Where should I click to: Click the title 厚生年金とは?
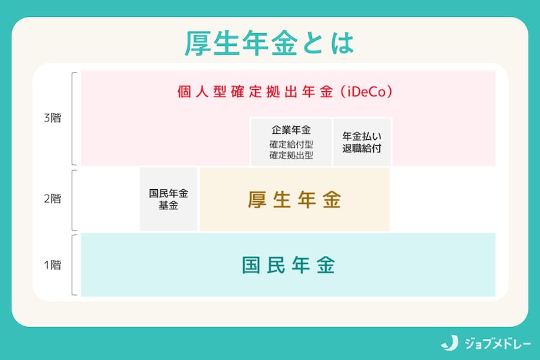tap(269, 43)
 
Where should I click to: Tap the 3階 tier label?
tap(52, 118)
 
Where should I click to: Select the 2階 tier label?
tap(52, 199)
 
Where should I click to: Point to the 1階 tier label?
tap(52, 265)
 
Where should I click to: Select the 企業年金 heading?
tap(291, 130)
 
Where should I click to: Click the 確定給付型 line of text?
tap(291, 145)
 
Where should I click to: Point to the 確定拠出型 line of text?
tap(291, 155)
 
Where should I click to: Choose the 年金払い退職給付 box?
tap(362, 142)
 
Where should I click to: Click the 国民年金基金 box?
tap(169, 199)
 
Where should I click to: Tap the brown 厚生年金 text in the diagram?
tap(294, 200)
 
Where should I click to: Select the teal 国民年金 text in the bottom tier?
tap(288, 265)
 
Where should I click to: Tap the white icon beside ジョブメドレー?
tap(450, 342)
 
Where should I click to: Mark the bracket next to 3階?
tap(74, 118)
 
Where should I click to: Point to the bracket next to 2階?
tap(74, 199)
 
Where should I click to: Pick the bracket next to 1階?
tap(74, 265)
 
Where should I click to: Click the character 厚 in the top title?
tap(200, 43)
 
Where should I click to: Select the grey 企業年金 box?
tap(291, 142)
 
